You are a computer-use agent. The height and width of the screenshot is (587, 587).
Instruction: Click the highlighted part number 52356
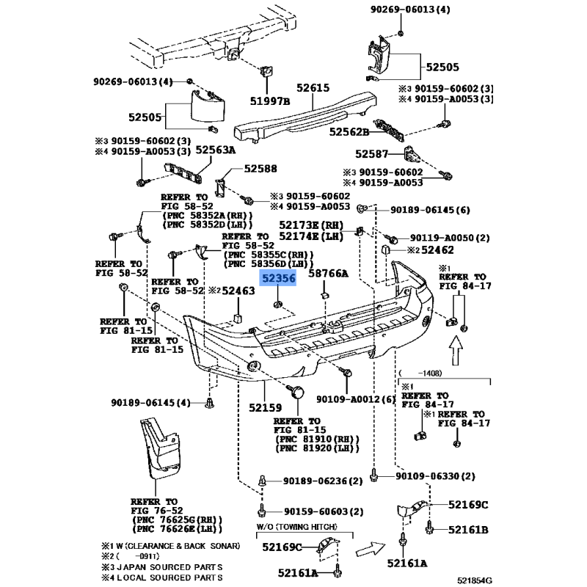click(x=278, y=278)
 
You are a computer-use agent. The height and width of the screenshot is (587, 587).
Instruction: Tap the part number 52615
click(x=313, y=87)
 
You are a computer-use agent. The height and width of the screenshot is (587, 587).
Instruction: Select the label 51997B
click(x=270, y=101)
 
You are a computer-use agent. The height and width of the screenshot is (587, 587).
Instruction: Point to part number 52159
click(x=266, y=407)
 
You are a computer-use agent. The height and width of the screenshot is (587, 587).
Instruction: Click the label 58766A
click(x=328, y=274)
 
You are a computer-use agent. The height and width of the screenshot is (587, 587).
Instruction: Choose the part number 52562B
click(x=349, y=132)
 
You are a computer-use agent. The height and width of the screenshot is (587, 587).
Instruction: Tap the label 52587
click(x=372, y=154)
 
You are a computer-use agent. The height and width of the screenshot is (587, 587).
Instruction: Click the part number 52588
click(x=260, y=169)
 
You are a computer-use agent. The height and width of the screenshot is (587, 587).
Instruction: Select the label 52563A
click(x=216, y=150)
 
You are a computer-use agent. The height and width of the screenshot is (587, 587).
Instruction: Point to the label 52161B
click(x=468, y=530)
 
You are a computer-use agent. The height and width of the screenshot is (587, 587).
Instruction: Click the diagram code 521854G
click(x=474, y=580)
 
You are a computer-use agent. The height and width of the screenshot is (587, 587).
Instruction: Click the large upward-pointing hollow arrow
click(x=456, y=350)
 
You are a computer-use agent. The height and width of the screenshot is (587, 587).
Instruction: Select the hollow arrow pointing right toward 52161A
click(x=371, y=549)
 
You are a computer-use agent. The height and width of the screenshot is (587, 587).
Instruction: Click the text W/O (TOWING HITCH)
click(x=296, y=527)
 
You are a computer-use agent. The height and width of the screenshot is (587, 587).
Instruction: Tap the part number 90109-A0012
click(x=348, y=399)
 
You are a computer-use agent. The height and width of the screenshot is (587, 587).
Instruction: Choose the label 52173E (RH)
click(x=311, y=225)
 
